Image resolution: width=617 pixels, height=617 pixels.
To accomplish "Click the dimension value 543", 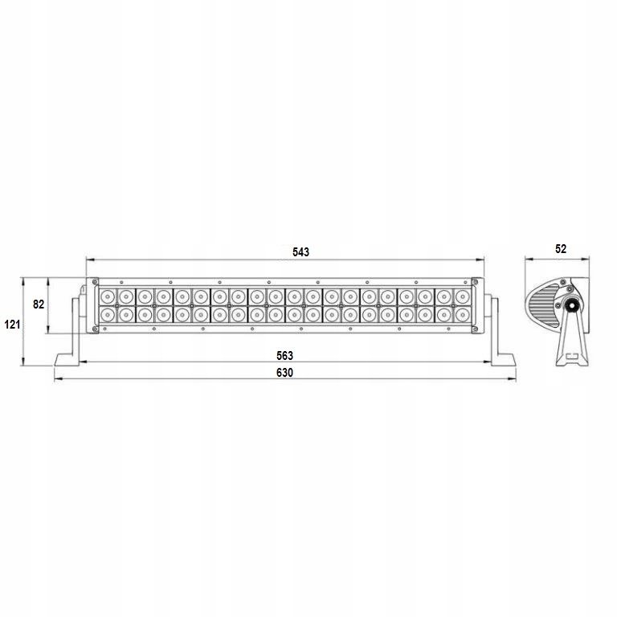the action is pyautogui.click(x=300, y=251).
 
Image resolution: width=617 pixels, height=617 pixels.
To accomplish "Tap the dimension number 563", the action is pyautogui.click(x=284, y=356).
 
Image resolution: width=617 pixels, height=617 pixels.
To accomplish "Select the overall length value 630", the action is pyautogui.click(x=284, y=373).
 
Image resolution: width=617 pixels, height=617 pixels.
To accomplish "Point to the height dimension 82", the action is pyautogui.click(x=39, y=304).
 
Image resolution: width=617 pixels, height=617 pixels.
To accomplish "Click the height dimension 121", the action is pyautogui.click(x=12, y=325).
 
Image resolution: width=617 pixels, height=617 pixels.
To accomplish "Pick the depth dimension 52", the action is pyautogui.click(x=561, y=249).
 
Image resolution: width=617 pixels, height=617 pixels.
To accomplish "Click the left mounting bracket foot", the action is pyautogui.click(x=67, y=359).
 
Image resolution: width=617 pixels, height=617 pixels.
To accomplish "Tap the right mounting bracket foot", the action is pyautogui.click(x=503, y=359).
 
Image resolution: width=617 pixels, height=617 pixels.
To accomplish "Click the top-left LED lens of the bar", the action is pyautogui.click(x=108, y=296).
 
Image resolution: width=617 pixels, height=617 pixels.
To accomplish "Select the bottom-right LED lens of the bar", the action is pyautogui.click(x=463, y=315).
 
